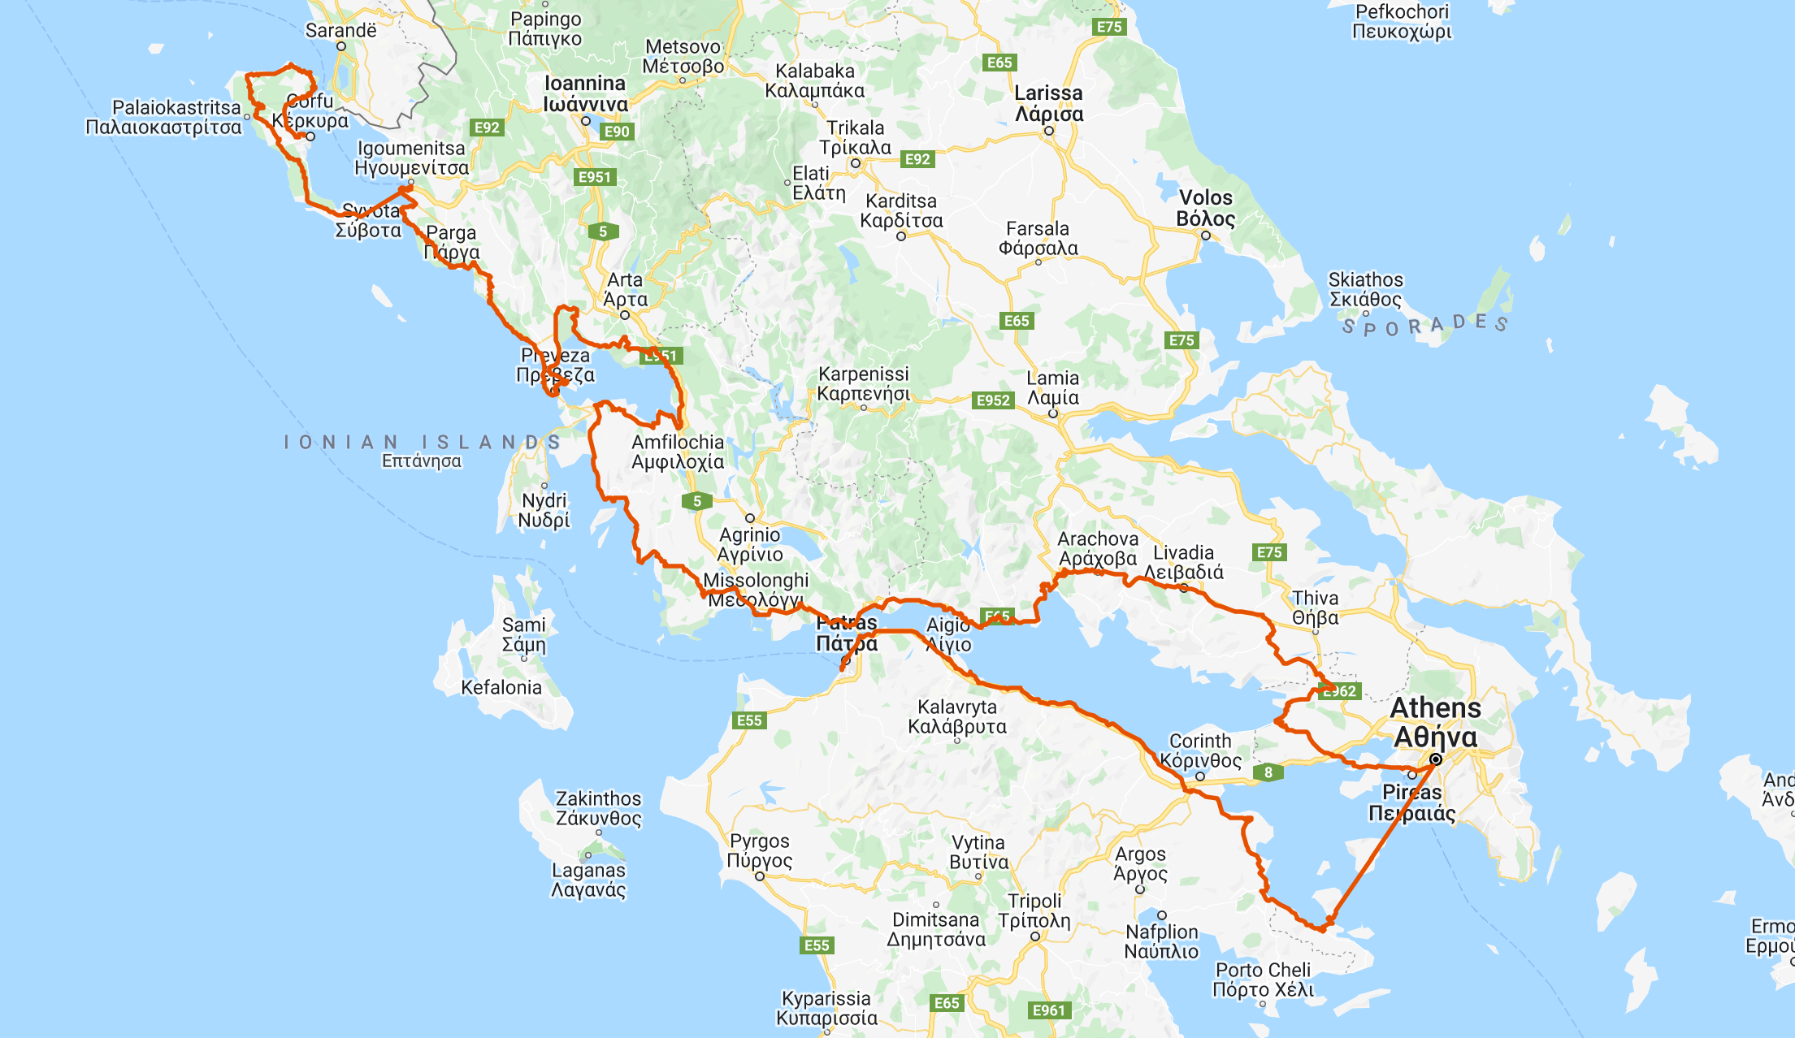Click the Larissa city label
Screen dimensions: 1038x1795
pos(1048,103)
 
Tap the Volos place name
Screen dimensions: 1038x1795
pos(1206,208)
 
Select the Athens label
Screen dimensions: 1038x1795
pos(1435,722)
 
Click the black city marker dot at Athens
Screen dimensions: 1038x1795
pos(1436,759)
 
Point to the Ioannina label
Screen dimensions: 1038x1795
pos(585,93)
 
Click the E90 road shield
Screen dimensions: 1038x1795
pos(617,132)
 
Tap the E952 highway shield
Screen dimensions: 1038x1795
pos(993,400)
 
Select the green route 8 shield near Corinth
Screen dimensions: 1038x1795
pos(1268,772)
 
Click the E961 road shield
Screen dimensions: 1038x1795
pos(1048,1010)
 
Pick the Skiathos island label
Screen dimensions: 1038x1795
pos(1365,289)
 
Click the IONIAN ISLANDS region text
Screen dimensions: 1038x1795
pos(423,443)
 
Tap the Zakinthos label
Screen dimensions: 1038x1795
pos(598,808)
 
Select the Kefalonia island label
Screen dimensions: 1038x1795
pos(501,687)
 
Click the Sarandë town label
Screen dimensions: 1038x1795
pos(341,31)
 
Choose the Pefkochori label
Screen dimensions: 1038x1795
pos(1402,21)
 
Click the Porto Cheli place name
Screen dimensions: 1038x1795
pos(1263,980)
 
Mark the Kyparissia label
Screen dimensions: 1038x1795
pos(826,1008)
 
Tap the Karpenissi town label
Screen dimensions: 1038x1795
pos(863,383)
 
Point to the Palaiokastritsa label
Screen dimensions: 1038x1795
pos(164,117)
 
